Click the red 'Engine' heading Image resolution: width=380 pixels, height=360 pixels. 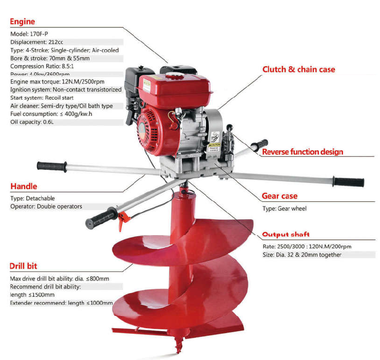click(x=23, y=22)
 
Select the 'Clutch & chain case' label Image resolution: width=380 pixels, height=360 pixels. click(x=299, y=69)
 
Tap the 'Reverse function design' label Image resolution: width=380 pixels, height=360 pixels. click(x=303, y=151)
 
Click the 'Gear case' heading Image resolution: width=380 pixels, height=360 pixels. click(x=280, y=196)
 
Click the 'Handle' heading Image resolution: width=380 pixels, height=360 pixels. click(x=24, y=186)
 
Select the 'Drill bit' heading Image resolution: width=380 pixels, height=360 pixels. click(x=24, y=266)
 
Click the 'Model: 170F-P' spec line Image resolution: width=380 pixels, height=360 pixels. click(x=29, y=34)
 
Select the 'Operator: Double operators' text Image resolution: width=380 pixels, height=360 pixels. click(x=46, y=207)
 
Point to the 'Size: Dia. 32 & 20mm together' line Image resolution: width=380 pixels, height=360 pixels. click(x=302, y=255)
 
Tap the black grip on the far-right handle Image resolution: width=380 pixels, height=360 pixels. click(x=349, y=181)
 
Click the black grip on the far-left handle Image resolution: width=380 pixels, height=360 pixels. click(x=51, y=166)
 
